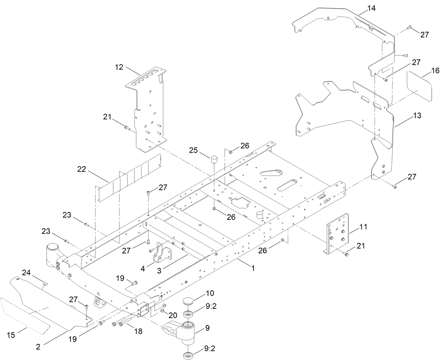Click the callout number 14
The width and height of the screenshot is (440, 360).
point(371,8)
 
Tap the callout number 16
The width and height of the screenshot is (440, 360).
point(435,71)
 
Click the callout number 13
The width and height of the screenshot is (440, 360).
point(407,115)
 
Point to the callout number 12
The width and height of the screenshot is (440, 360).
point(119,67)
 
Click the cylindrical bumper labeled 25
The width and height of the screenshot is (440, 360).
point(214,163)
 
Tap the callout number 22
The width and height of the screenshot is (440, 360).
point(82,169)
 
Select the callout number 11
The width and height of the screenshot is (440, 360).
point(363,227)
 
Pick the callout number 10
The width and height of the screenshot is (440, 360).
point(210,293)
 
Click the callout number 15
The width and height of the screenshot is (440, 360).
point(11,335)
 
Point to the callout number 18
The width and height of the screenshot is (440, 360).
point(138,331)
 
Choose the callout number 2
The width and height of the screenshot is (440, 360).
point(38,347)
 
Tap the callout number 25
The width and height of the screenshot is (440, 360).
point(193,151)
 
